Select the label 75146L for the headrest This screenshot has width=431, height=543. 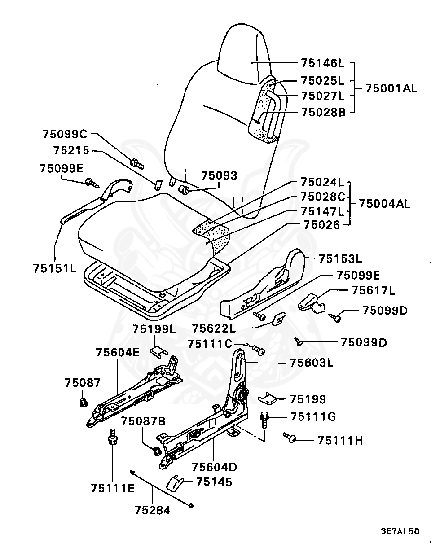click(x=322, y=64)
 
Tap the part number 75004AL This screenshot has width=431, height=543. click(x=384, y=204)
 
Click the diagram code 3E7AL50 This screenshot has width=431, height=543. click(x=400, y=531)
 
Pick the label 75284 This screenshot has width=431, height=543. click(x=152, y=510)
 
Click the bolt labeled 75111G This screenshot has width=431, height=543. click(x=264, y=420)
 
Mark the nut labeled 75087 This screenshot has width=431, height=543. click(x=83, y=402)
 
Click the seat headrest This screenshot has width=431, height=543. click(x=245, y=54)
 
